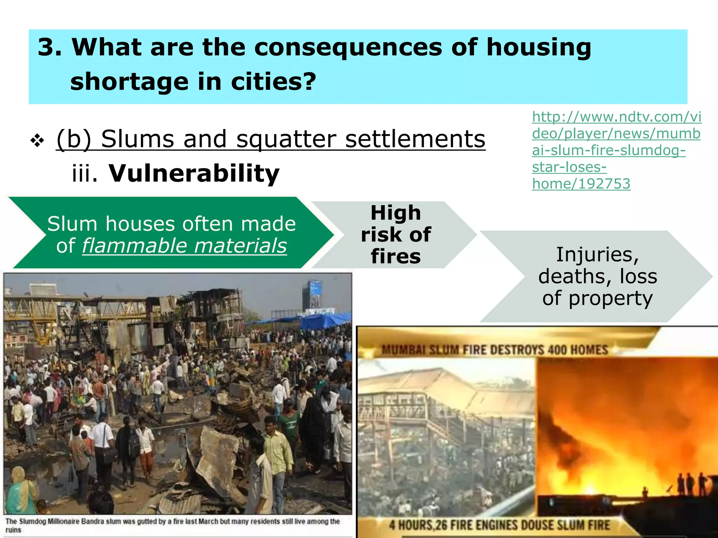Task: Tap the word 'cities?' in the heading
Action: click(x=273, y=82)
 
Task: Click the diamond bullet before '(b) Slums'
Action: click(x=37, y=141)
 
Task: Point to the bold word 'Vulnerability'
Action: click(x=194, y=173)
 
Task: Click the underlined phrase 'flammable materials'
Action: click(x=184, y=246)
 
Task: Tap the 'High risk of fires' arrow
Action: click(x=395, y=234)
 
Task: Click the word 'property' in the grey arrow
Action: click(x=610, y=299)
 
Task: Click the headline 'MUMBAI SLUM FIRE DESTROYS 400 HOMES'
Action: click(x=495, y=350)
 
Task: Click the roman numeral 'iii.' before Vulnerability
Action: click(x=84, y=173)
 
